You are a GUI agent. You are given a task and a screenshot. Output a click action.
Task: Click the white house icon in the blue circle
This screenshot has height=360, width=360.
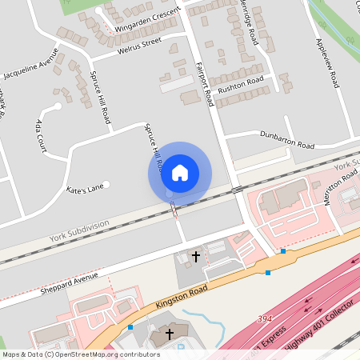(180, 172)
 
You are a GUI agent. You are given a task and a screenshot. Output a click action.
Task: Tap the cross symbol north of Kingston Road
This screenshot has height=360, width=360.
(195, 257)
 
